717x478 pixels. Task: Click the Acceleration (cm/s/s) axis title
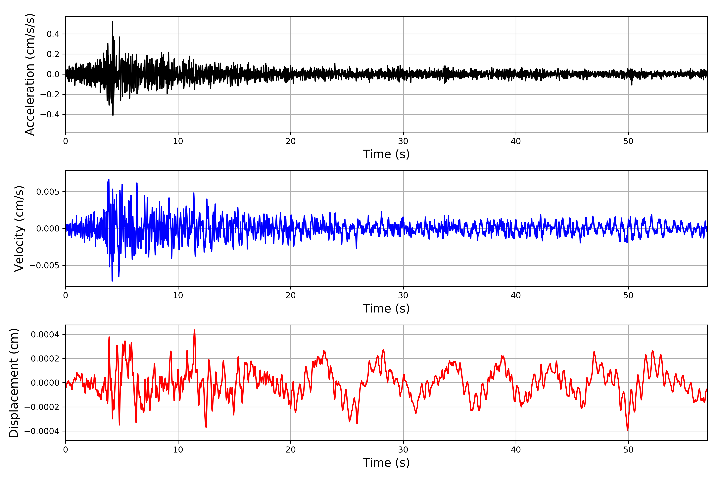[30, 74]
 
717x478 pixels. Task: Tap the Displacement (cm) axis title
[14, 383]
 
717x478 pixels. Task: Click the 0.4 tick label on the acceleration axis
[53, 34]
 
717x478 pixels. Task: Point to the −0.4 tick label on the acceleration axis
[50, 115]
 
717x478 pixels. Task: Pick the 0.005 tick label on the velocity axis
[48, 192]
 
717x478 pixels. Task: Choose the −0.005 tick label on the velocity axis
[44, 265]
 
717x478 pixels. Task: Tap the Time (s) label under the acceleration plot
[386, 154]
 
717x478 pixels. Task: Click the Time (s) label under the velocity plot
[386, 309]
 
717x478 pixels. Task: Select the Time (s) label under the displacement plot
[386, 463]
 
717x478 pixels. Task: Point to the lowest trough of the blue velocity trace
[112, 280]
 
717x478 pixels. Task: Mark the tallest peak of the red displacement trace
[195, 330]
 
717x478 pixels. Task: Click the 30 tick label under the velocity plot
[403, 295]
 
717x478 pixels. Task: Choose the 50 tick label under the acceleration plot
[628, 141]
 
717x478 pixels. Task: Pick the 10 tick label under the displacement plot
[178, 450]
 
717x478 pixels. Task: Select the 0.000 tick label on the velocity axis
[48, 229]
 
